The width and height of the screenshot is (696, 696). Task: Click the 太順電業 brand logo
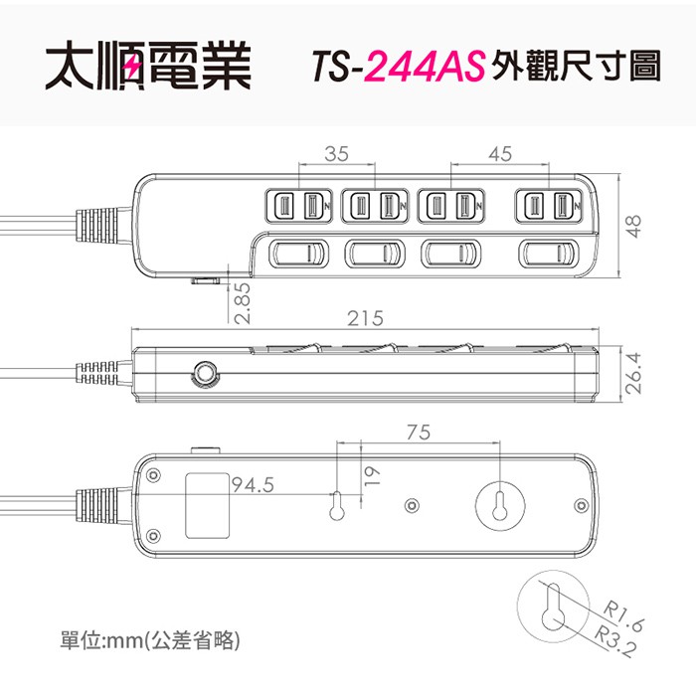coord(148,66)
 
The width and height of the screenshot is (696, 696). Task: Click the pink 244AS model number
coord(425,67)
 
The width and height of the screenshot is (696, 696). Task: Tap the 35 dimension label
coord(336,154)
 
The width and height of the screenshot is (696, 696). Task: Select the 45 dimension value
coord(500,154)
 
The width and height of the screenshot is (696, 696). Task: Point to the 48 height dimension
coord(634,226)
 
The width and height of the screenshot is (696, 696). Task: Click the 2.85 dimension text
coord(243,303)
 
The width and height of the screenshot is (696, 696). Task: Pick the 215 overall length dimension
coord(365,318)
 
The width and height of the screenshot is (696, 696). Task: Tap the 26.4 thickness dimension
coord(634,373)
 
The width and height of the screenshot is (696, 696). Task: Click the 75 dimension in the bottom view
coord(419,433)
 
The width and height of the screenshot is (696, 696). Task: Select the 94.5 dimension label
coord(253,485)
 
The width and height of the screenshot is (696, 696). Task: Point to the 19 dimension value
coord(372,476)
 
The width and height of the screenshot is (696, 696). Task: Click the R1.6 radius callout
coord(622,616)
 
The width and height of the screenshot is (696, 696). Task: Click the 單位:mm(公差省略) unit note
coord(150,640)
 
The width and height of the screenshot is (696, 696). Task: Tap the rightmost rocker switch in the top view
coord(549,254)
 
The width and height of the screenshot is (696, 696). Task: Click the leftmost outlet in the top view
coord(298,207)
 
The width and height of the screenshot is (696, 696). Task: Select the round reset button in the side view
coord(205,373)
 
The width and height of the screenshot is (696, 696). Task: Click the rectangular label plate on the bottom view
coord(207,505)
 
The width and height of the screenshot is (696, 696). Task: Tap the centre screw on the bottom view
coord(413,505)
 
